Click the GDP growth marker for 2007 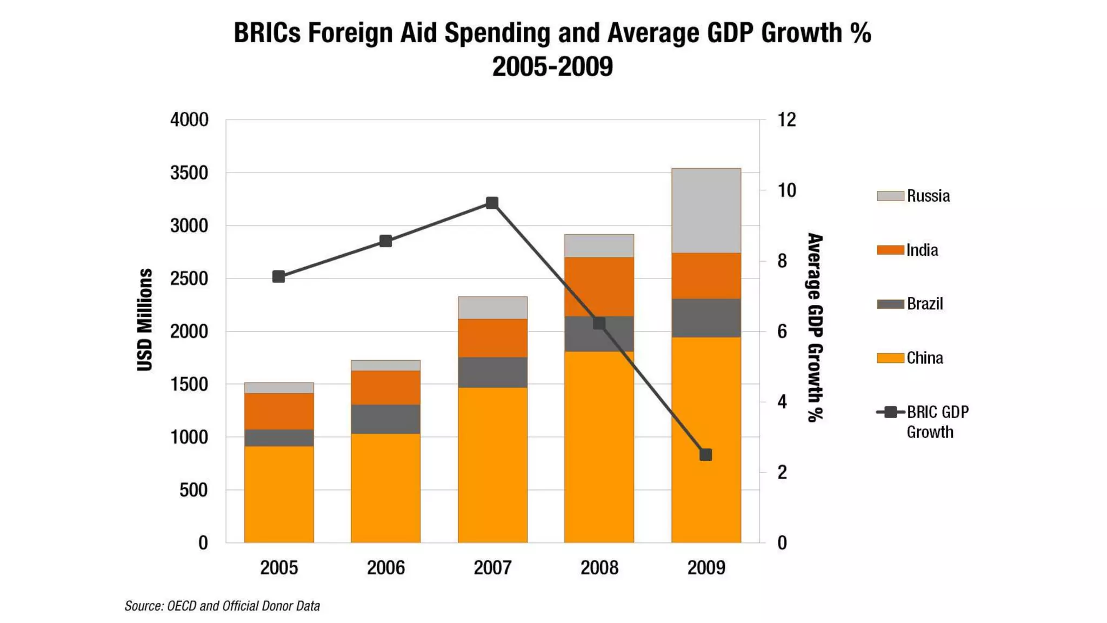(492, 203)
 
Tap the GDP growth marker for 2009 (705, 455)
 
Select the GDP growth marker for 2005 (278, 277)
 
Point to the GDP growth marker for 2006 (385, 241)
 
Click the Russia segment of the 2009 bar (706, 211)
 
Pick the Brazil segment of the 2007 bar (492, 373)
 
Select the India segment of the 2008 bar (599, 287)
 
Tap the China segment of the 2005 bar (279, 494)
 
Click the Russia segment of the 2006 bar (385, 366)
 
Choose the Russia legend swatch (890, 196)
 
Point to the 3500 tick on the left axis (189, 173)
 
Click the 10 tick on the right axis (786, 190)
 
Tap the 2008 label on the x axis (599, 568)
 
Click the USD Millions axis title (145, 320)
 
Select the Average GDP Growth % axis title (815, 328)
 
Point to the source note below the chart (222, 606)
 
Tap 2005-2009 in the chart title (552, 67)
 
